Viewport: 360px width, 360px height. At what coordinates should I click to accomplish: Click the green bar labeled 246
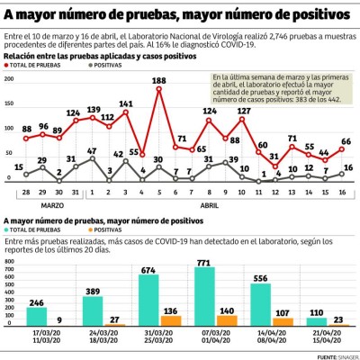coord(37,316)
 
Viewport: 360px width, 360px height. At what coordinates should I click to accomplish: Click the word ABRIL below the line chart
coord(210,204)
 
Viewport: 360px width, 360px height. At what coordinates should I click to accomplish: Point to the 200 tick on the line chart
coord(8,78)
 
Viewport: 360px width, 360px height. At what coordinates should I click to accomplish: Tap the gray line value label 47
coord(91,151)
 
